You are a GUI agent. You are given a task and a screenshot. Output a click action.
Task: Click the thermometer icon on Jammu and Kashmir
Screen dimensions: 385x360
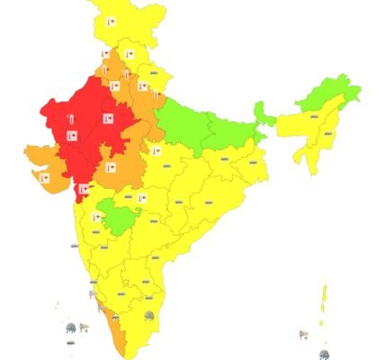111,20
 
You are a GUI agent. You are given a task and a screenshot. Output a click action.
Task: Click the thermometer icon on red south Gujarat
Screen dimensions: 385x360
84,189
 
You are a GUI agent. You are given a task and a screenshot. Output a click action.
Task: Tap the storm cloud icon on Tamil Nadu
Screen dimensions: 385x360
149,316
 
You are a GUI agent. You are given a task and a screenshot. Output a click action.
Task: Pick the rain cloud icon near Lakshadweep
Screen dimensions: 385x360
70,328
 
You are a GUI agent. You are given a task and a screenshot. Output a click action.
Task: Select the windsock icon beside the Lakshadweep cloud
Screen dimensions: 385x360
83,325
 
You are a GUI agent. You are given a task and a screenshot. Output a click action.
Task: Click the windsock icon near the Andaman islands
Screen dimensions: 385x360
303,335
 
